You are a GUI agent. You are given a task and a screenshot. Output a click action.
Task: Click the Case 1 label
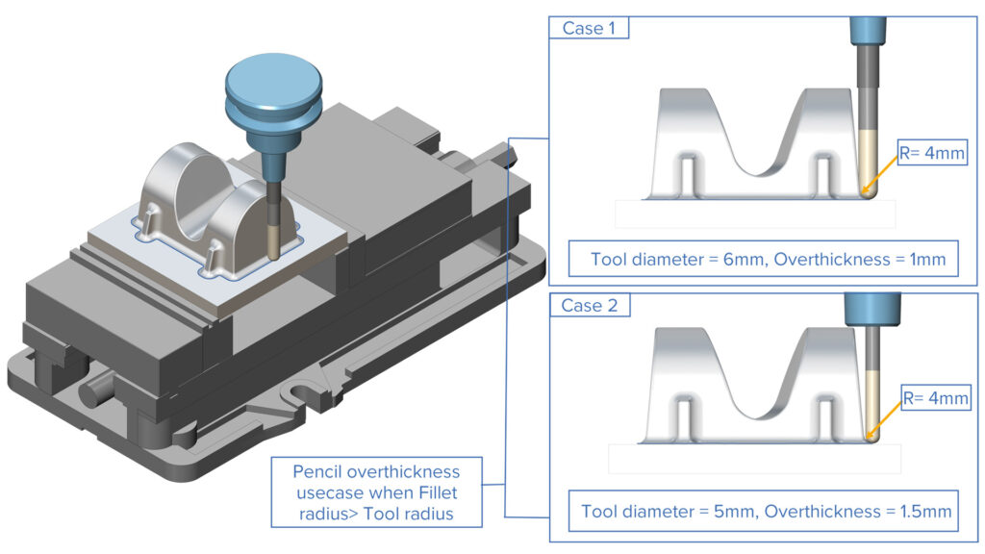pyautogui.click(x=588, y=28)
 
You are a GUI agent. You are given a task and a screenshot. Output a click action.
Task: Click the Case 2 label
pyautogui.click(x=589, y=306)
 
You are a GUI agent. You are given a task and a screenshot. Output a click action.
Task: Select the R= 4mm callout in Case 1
pyautogui.click(x=930, y=152)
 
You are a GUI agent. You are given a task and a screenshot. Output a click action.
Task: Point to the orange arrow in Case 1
pyautogui.click(x=880, y=173)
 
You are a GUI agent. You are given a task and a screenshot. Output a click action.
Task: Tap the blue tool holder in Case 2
pyautogui.click(x=871, y=309)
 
